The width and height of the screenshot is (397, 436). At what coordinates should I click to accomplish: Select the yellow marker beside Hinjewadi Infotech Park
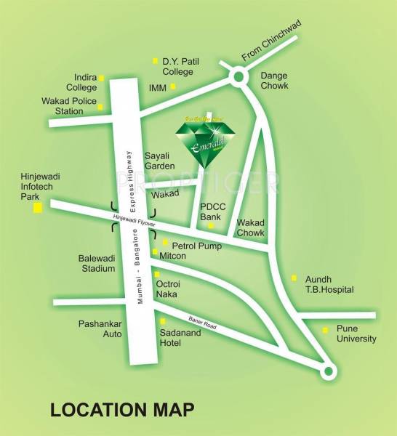[x=36, y=209]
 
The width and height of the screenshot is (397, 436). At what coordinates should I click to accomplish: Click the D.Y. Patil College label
[x=178, y=67]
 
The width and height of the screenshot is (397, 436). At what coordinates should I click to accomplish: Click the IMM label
[x=158, y=87]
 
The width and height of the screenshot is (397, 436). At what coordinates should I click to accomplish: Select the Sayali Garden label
[x=160, y=161]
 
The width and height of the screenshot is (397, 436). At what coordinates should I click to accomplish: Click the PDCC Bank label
[x=214, y=212]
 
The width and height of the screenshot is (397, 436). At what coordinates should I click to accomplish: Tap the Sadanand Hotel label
[x=180, y=337]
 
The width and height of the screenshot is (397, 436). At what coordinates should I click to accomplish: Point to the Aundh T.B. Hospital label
[x=329, y=284]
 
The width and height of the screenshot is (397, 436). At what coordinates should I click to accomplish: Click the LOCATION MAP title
[x=122, y=409]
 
